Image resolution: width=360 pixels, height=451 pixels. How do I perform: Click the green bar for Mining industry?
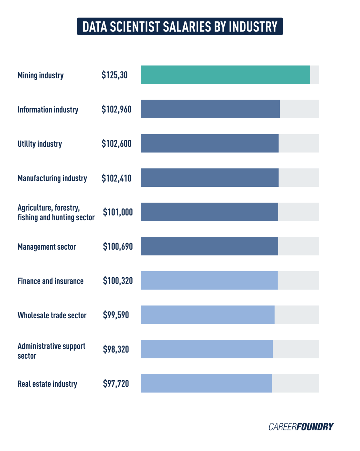(x=225, y=75)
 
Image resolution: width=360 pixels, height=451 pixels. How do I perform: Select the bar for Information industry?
(x=210, y=109)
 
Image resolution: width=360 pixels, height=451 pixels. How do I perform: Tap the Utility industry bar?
(x=210, y=143)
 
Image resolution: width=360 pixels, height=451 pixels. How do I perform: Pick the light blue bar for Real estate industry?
(x=206, y=383)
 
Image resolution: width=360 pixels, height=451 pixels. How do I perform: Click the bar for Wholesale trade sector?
(x=207, y=315)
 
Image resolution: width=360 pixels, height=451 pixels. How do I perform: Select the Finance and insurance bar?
(x=209, y=280)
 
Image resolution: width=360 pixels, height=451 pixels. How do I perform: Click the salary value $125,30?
(x=115, y=75)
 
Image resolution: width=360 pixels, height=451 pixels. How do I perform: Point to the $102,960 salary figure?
(x=117, y=110)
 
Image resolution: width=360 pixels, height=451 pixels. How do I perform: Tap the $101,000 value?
(x=118, y=212)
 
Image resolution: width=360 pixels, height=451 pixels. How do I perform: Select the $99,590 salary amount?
(x=116, y=315)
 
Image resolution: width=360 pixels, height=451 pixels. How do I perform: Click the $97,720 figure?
(x=116, y=383)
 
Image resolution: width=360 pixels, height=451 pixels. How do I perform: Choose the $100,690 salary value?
(x=118, y=246)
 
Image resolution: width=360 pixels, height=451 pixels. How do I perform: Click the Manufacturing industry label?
(x=52, y=178)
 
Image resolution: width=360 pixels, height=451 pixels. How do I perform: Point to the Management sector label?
(x=47, y=247)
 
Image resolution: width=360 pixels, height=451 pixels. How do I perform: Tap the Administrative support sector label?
(x=51, y=351)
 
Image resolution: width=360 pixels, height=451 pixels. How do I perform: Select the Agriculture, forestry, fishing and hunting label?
(x=56, y=212)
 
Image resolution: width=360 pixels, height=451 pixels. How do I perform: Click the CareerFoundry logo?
(x=301, y=427)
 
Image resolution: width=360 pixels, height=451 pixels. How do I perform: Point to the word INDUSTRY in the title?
(x=253, y=27)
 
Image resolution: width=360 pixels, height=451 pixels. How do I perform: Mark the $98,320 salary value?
(x=116, y=349)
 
